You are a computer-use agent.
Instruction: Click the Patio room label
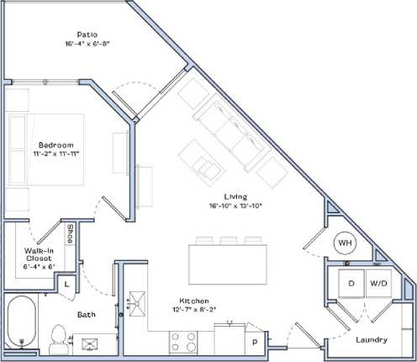(x=87, y=35)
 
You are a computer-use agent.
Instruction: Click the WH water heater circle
(x=344, y=243)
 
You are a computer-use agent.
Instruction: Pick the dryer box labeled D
(x=351, y=284)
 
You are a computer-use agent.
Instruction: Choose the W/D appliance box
(x=379, y=284)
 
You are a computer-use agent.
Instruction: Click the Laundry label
(x=371, y=340)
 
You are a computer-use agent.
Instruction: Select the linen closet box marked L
(x=66, y=284)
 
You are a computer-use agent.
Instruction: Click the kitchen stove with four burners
(x=186, y=341)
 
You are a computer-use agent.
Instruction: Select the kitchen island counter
(x=228, y=263)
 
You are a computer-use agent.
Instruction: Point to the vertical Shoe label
(x=71, y=232)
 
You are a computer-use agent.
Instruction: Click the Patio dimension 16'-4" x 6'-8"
(x=87, y=44)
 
